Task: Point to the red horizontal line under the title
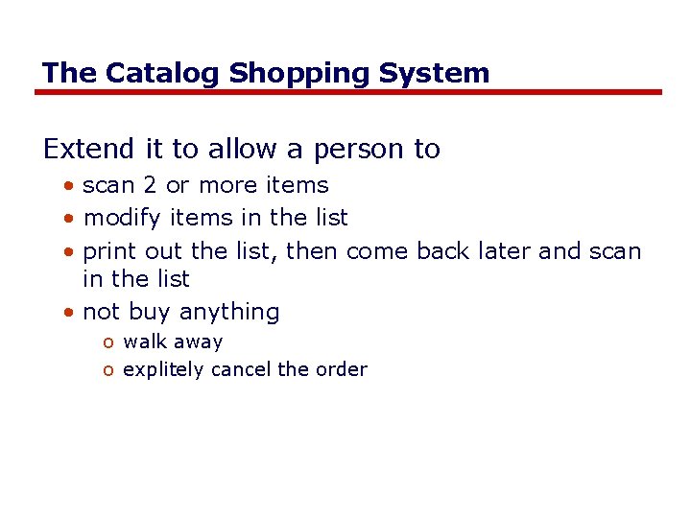tap(347, 92)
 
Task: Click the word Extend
tap(89, 149)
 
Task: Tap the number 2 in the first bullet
tap(149, 185)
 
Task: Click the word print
tap(110, 251)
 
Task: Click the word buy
tap(149, 313)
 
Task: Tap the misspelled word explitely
tap(164, 370)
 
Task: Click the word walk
tap(144, 341)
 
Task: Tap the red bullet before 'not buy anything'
tap(72, 313)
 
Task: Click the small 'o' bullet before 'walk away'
tap(110, 342)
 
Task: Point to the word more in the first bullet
tap(226, 185)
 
